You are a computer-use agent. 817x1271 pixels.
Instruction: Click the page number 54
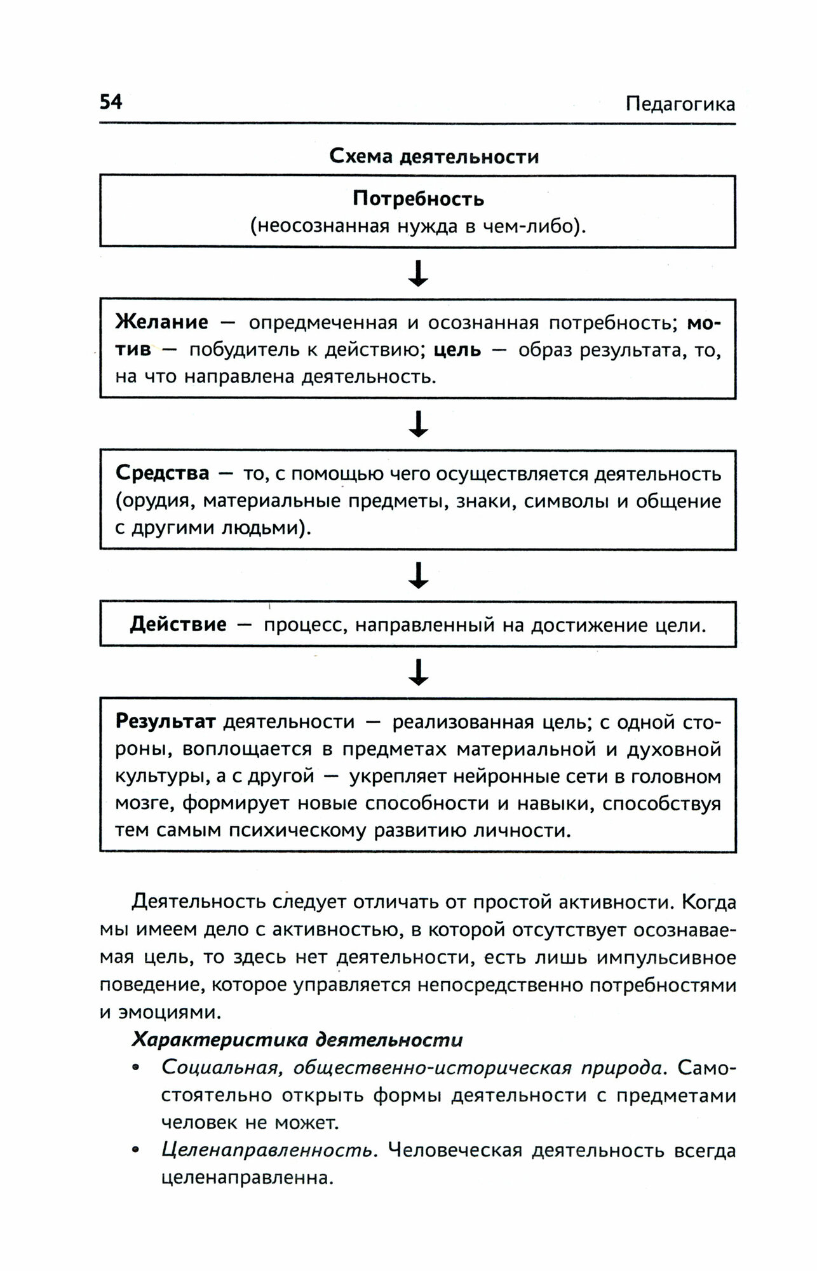[111, 102]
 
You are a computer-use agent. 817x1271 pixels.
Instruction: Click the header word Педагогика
[680, 104]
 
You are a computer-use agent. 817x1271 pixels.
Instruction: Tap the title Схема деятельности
[434, 156]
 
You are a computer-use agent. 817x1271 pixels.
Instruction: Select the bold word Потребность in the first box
[418, 199]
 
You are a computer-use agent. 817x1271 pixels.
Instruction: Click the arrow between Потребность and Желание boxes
[418, 274]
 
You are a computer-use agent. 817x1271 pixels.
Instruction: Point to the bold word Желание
[161, 323]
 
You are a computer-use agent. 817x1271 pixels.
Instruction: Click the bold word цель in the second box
[457, 350]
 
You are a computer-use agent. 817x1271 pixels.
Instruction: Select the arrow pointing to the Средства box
[418, 424]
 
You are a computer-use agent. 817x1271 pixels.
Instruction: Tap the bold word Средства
[162, 473]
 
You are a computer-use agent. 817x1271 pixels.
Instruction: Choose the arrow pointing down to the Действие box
[418, 575]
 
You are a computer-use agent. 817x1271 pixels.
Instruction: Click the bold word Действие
[178, 625]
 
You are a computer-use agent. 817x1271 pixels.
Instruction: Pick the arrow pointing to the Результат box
[418, 672]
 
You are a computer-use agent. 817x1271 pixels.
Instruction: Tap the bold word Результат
[166, 722]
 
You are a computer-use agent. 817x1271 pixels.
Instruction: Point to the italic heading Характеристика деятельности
[297, 1040]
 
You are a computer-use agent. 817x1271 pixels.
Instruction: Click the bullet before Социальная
[135, 1069]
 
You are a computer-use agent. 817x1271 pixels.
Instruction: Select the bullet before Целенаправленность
[135, 1152]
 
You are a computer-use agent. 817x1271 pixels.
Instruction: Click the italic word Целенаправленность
[266, 1151]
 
